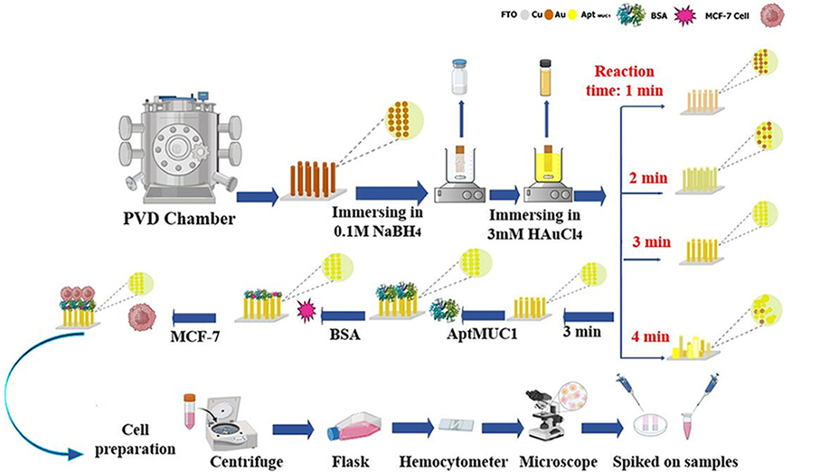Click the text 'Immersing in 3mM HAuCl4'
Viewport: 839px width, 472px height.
coord(542,229)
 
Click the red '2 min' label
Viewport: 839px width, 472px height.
coord(647,178)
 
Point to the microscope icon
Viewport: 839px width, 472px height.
coord(539,411)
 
